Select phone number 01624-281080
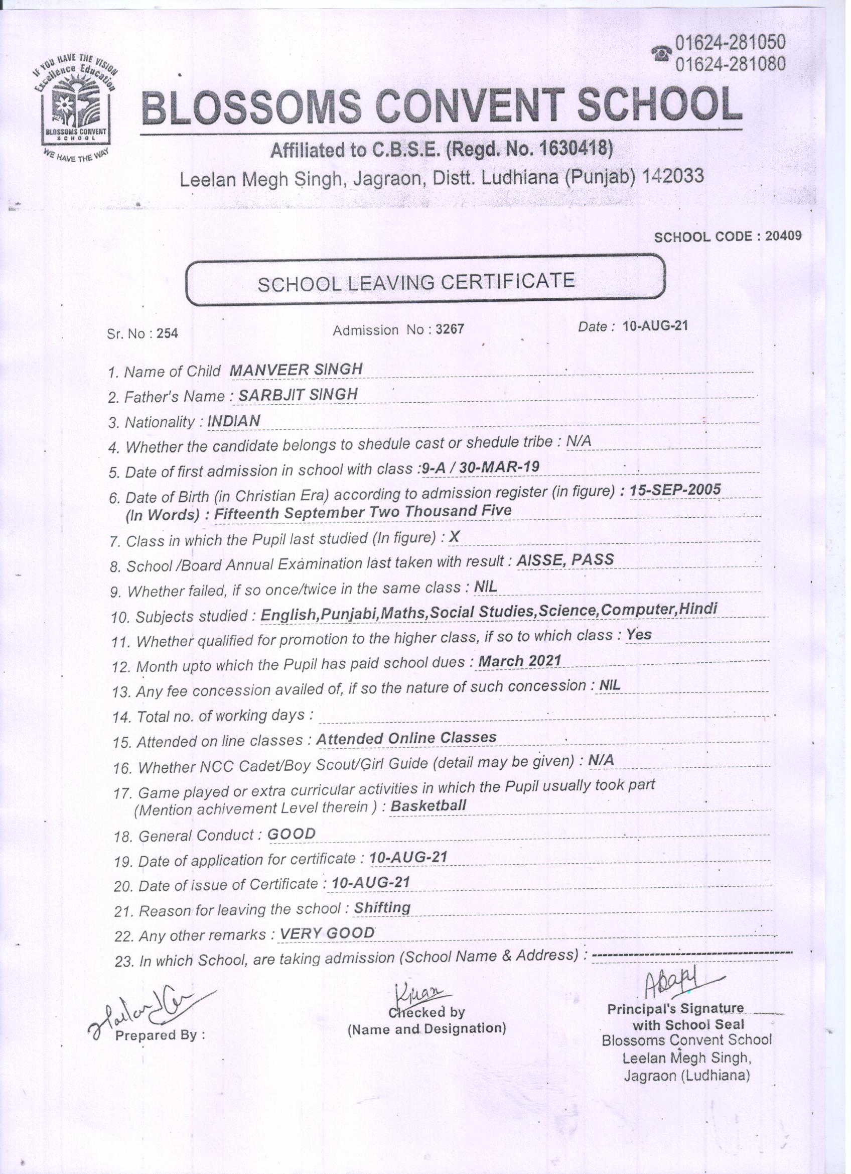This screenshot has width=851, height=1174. pyautogui.click(x=730, y=64)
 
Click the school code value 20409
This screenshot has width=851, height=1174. pyautogui.click(x=783, y=236)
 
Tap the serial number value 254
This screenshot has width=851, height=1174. pyautogui.click(x=167, y=334)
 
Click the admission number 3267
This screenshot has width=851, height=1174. pyautogui.click(x=450, y=329)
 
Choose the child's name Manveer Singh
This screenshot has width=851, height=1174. pyautogui.click(x=296, y=370)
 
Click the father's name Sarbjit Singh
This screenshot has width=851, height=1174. pyautogui.click(x=298, y=395)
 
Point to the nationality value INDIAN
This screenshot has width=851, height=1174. pyautogui.click(x=233, y=421)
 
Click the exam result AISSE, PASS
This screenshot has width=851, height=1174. pyautogui.click(x=565, y=559)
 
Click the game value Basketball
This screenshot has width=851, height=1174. pyautogui.click(x=429, y=805)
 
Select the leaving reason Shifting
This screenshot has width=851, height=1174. pyautogui.click(x=382, y=907)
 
